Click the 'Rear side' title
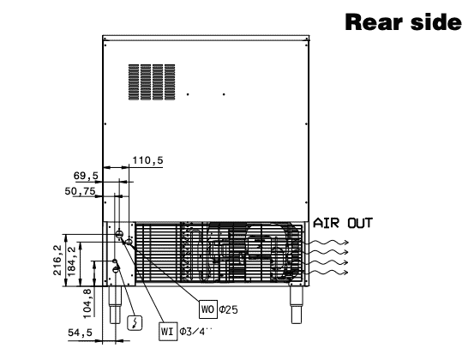pyautogui.click(x=403, y=22)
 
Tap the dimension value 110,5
pyautogui.click(x=147, y=160)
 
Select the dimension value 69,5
pyautogui.click(x=86, y=176)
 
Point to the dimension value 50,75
pyautogui.click(x=80, y=191)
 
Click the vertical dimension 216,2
pyautogui.click(x=57, y=260)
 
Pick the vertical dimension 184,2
pyautogui.click(x=72, y=261)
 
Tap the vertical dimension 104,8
pyautogui.click(x=87, y=303)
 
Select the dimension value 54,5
pyautogui.click(x=80, y=333)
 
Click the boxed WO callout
pyautogui.click(x=208, y=309)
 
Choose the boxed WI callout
pyautogui.click(x=168, y=332)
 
